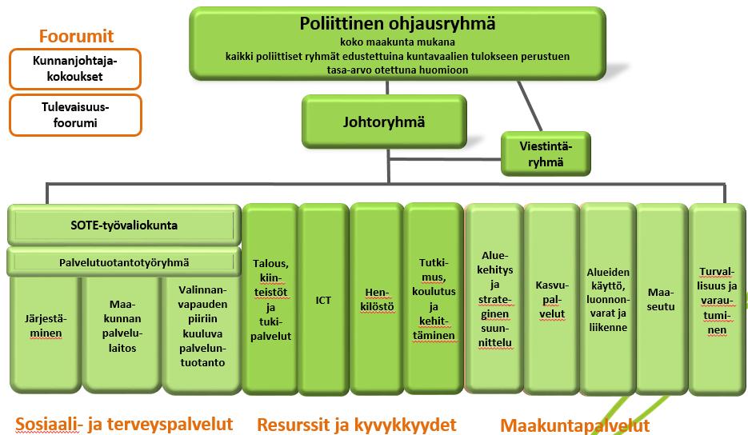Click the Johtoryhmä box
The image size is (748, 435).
[384, 122]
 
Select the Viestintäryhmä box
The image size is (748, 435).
[546, 154]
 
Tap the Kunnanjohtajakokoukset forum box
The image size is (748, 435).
[75, 69]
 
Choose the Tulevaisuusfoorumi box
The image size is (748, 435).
[75, 115]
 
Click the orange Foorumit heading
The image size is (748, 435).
[76, 36]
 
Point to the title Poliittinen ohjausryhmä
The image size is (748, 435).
[398, 23]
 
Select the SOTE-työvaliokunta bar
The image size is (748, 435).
[124, 225]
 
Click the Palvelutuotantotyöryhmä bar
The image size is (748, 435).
[124, 262]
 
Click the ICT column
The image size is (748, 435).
[323, 300]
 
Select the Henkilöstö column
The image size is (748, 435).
[377, 300]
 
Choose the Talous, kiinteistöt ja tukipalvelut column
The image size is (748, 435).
[270, 300]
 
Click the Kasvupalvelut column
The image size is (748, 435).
[551, 300]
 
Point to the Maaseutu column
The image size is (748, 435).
[661, 300]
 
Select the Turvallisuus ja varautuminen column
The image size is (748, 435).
[717, 300]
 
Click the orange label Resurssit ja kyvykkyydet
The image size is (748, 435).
[356, 425]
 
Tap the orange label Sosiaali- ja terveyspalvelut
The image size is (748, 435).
[124, 424]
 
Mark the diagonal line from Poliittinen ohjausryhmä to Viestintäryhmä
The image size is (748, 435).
[530, 106]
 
